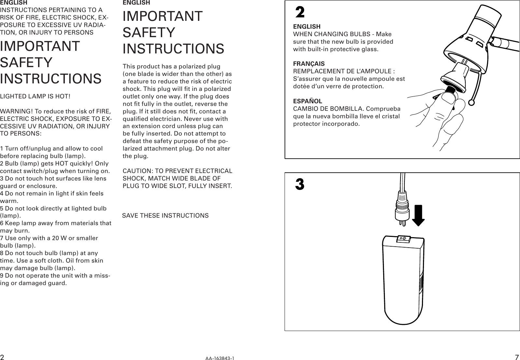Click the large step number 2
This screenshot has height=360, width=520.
point(300,12)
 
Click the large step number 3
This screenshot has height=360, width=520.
point(300,184)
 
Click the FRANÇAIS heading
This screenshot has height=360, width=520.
point(309,64)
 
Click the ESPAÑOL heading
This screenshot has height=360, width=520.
point(307,101)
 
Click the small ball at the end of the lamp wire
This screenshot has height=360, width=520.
point(471,103)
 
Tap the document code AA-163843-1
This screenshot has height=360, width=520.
point(220,358)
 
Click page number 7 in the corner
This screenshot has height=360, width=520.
point(516,357)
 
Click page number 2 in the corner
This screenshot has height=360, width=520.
point(2,357)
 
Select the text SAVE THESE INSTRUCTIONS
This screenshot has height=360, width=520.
point(165,216)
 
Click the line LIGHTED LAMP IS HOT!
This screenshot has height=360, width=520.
point(35,97)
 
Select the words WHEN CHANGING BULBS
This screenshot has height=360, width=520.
point(331,34)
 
